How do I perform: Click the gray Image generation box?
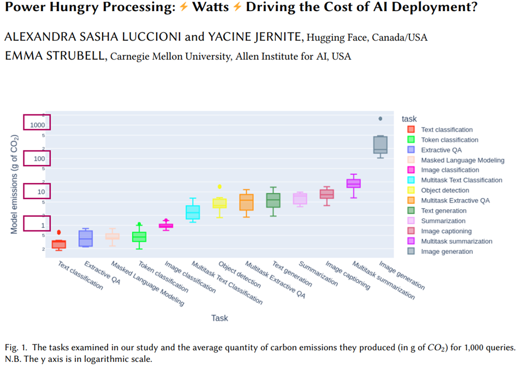tap(380, 144)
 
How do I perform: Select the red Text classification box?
tap(59, 244)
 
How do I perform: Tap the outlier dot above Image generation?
tap(380, 119)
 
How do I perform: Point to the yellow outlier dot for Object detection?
tap(220, 186)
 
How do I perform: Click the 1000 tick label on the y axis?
tap(37, 125)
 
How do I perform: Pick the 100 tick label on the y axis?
tap(38, 159)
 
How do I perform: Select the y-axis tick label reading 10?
tap(41, 192)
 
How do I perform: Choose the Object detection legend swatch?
tap(411, 190)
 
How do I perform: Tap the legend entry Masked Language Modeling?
tap(462, 160)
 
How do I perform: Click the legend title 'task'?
tap(409, 119)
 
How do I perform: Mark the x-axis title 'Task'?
tap(220, 318)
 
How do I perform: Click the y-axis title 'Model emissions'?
tap(15, 184)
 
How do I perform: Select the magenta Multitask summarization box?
tap(353, 183)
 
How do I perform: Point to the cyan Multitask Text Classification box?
tap(193, 212)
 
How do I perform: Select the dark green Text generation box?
tap(273, 200)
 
